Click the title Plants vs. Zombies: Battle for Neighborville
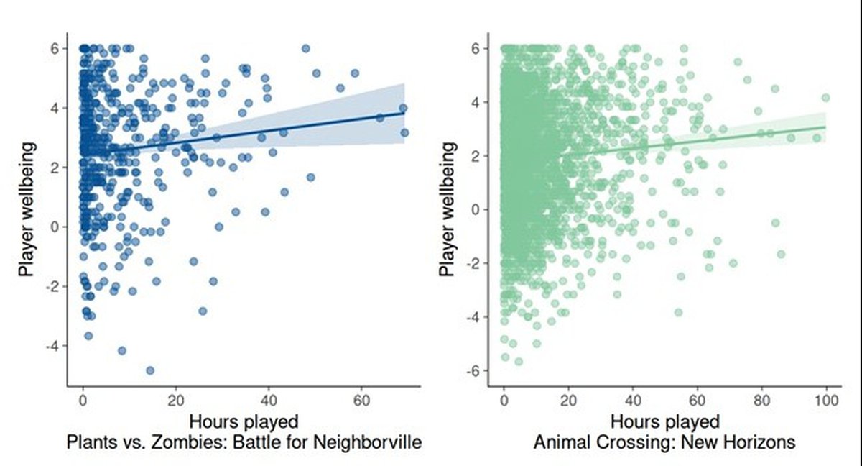click(244, 442)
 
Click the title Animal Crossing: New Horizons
click(664, 442)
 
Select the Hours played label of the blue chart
click(244, 420)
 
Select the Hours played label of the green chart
click(664, 420)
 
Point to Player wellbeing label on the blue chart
click(27, 209)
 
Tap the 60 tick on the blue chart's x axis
click(361, 400)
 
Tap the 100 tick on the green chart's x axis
click(826, 400)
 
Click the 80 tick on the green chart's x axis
click(761, 400)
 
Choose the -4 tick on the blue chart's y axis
click(54, 346)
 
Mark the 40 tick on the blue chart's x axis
click(269, 400)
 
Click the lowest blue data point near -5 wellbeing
click(150, 370)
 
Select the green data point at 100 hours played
click(825, 97)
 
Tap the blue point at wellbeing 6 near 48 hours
click(305, 48)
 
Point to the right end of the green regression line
click(825, 127)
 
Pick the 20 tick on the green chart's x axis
click(568, 400)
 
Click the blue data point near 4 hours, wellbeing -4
click(122, 350)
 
